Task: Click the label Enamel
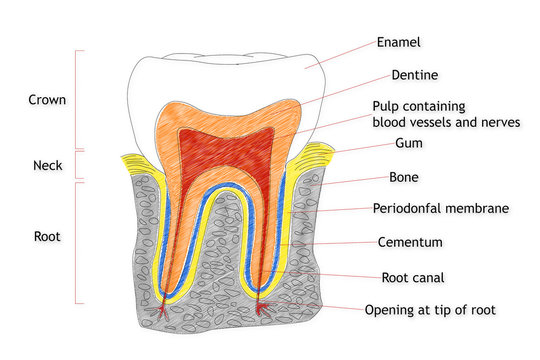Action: click(399, 43)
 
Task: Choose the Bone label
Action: click(404, 177)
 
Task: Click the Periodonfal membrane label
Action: click(441, 209)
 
